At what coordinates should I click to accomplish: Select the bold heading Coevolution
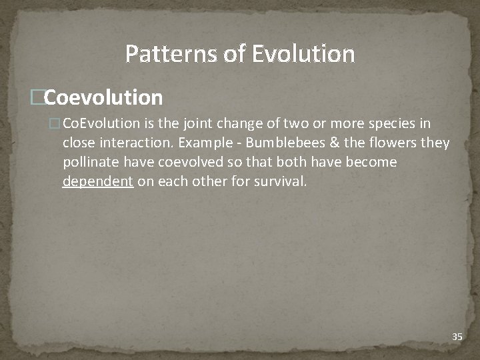pyautogui.click(x=104, y=98)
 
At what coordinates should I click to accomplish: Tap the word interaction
pyautogui.click(x=135, y=143)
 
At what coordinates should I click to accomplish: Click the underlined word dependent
pyautogui.click(x=98, y=181)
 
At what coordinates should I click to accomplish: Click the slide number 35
pyautogui.click(x=457, y=337)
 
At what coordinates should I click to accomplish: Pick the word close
pyautogui.click(x=79, y=143)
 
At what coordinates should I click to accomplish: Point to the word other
pyautogui.click(x=211, y=181)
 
